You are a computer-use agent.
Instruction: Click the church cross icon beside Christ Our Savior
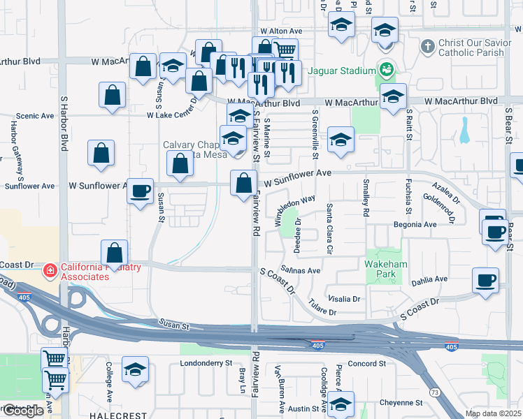coord(428,47)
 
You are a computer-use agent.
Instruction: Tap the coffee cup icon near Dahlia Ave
coord(485,281)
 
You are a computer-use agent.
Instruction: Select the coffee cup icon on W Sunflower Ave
coord(141,191)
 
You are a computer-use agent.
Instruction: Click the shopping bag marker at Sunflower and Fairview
coord(243,184)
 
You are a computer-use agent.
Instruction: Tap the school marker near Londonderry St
coord(136,369)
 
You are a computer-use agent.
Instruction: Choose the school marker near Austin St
coord(341,404)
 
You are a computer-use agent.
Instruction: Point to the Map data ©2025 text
coord(494,413)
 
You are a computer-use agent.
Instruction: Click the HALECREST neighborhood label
coord(117,415)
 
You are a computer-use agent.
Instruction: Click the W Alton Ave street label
coord(281,31)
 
